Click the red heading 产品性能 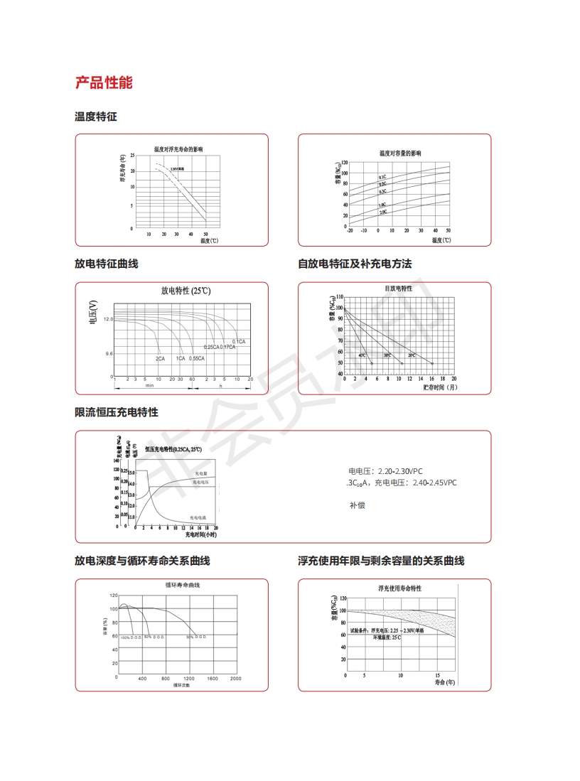(104, 82)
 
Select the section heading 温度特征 (96, 116)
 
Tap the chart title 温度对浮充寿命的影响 (178, 149)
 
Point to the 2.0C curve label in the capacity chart (382, 212)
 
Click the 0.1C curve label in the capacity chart (382, 176)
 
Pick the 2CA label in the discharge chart (161, 358)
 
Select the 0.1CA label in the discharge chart (239, 342)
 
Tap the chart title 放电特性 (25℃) (186, 291)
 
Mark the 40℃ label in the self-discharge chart (362, 355)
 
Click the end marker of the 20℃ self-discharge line (432, 364)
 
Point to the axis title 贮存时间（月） (440, 387)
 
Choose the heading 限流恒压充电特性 (117, 412)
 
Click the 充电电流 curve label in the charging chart (199, 517)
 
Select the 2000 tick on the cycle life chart (236, 679)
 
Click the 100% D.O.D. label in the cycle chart (131, 637)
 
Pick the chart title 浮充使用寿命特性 (400, 588)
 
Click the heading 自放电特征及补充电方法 (355, 264)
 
